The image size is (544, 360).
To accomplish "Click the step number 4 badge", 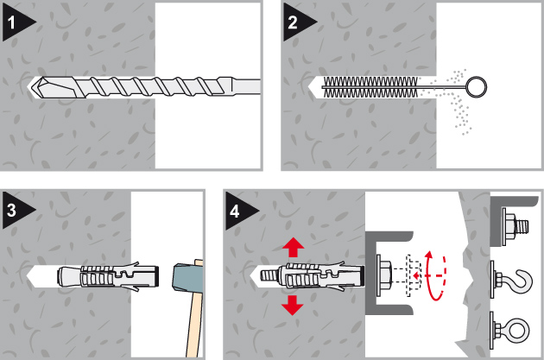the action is click(239, 211).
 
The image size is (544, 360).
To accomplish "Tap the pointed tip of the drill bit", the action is click(30, 86).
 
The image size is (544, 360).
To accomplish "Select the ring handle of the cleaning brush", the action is click(476, 87).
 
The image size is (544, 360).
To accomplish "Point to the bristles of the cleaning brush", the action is click(370, 87).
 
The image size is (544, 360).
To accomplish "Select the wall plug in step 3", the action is click(108, 276).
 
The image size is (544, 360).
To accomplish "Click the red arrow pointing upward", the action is click(294, 247).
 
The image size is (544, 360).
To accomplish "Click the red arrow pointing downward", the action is click(293, 306).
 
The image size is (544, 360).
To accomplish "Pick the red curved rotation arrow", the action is click(436, 275).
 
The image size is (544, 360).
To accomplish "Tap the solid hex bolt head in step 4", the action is click(385, 275).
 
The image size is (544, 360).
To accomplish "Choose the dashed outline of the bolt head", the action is click(414, 275).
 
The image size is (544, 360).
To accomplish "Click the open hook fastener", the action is click(511, 280).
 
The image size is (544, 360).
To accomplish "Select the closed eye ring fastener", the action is click(510, 330).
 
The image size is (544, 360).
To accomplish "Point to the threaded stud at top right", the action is click(522, 226).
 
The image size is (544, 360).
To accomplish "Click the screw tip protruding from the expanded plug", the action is click(269, 276).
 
